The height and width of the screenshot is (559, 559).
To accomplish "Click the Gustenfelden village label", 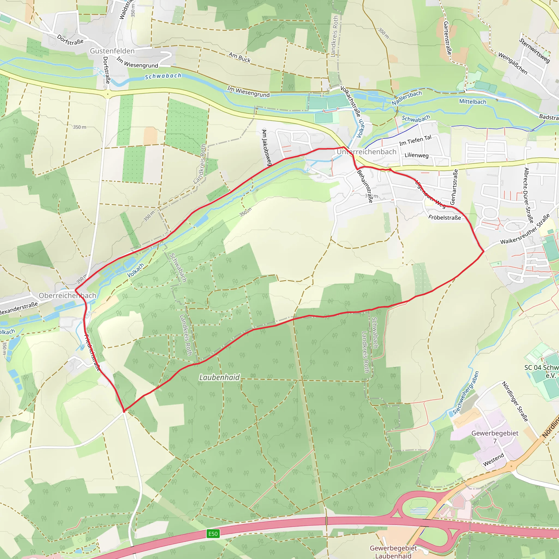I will click(112, 51).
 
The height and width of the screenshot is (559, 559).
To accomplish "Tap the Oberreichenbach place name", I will click(67, 295).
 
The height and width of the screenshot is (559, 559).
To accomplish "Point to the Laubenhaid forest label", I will click(219, 377).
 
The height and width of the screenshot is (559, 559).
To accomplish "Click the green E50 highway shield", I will click(213, 534).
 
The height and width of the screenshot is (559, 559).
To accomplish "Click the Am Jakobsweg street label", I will click(266, 148).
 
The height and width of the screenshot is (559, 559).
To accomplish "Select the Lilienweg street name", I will click(416, 155).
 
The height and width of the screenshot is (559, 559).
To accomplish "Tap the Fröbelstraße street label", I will click(444, 218).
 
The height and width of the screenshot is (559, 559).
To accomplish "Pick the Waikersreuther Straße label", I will click(525, 229).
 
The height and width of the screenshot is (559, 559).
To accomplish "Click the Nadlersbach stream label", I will click(406, 98).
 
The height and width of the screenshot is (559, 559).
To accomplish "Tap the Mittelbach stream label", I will click(472, 102).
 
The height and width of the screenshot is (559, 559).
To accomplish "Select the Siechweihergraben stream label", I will click(466, 393).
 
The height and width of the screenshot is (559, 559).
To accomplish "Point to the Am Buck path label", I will click(240, 57).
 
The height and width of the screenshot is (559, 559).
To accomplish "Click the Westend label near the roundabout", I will click(493, 460).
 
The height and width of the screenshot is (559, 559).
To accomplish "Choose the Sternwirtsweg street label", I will click(534, 51).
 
